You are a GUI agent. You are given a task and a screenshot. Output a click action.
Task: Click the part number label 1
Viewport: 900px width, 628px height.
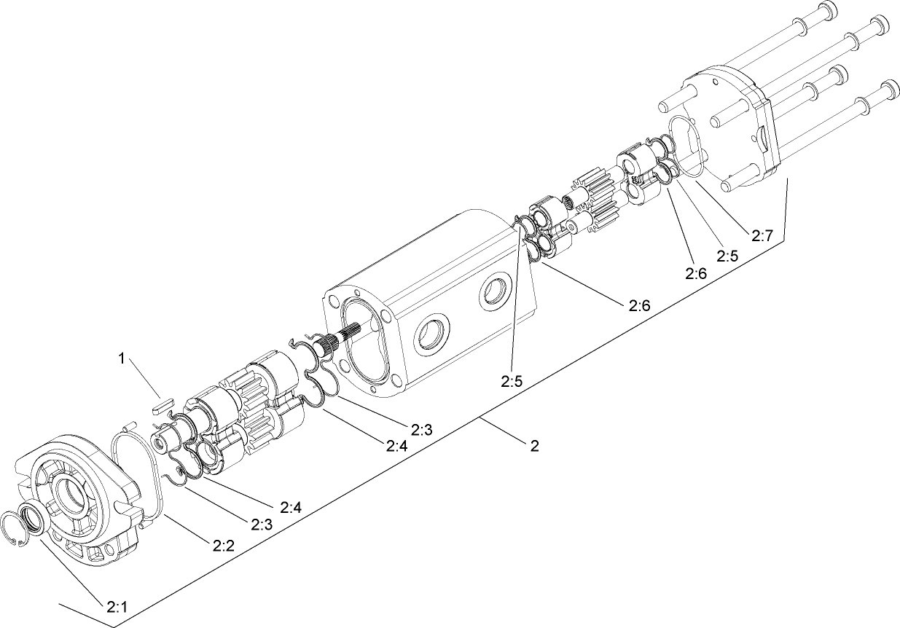[x=123, y=358]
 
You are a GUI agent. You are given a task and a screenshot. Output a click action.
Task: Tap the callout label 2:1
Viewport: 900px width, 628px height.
[x=118, y=606]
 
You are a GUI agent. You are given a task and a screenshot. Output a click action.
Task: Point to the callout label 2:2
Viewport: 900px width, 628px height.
[x=223, y=544]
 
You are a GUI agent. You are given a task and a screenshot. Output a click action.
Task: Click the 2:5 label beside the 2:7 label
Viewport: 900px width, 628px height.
[x=728, y=256]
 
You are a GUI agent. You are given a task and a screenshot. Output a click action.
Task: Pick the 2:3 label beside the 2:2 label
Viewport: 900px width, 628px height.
[x=262, y=523]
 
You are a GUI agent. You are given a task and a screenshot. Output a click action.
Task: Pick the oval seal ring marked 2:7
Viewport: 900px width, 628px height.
[x=686, y=146]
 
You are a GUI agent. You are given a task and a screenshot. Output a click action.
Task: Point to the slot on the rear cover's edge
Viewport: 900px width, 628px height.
[x=761, y=137]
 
